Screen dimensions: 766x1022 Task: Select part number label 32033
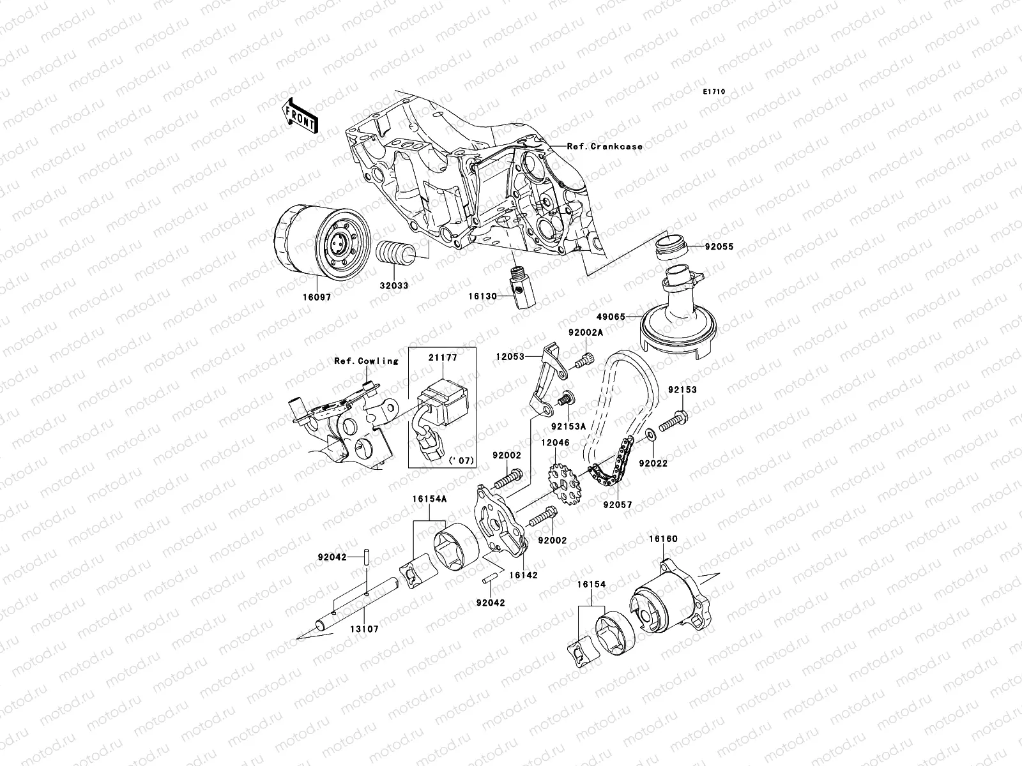tap(395, 286)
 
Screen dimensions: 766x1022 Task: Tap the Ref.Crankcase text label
tap(604, 146)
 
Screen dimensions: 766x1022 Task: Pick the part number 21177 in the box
tap(443, 358)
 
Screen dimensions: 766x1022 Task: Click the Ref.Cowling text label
tap(366, 361)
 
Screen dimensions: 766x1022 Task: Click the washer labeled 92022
tap(651, 435)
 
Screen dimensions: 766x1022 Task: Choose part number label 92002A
tap(586, 332)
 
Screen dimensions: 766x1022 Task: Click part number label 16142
tap(524, 574)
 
